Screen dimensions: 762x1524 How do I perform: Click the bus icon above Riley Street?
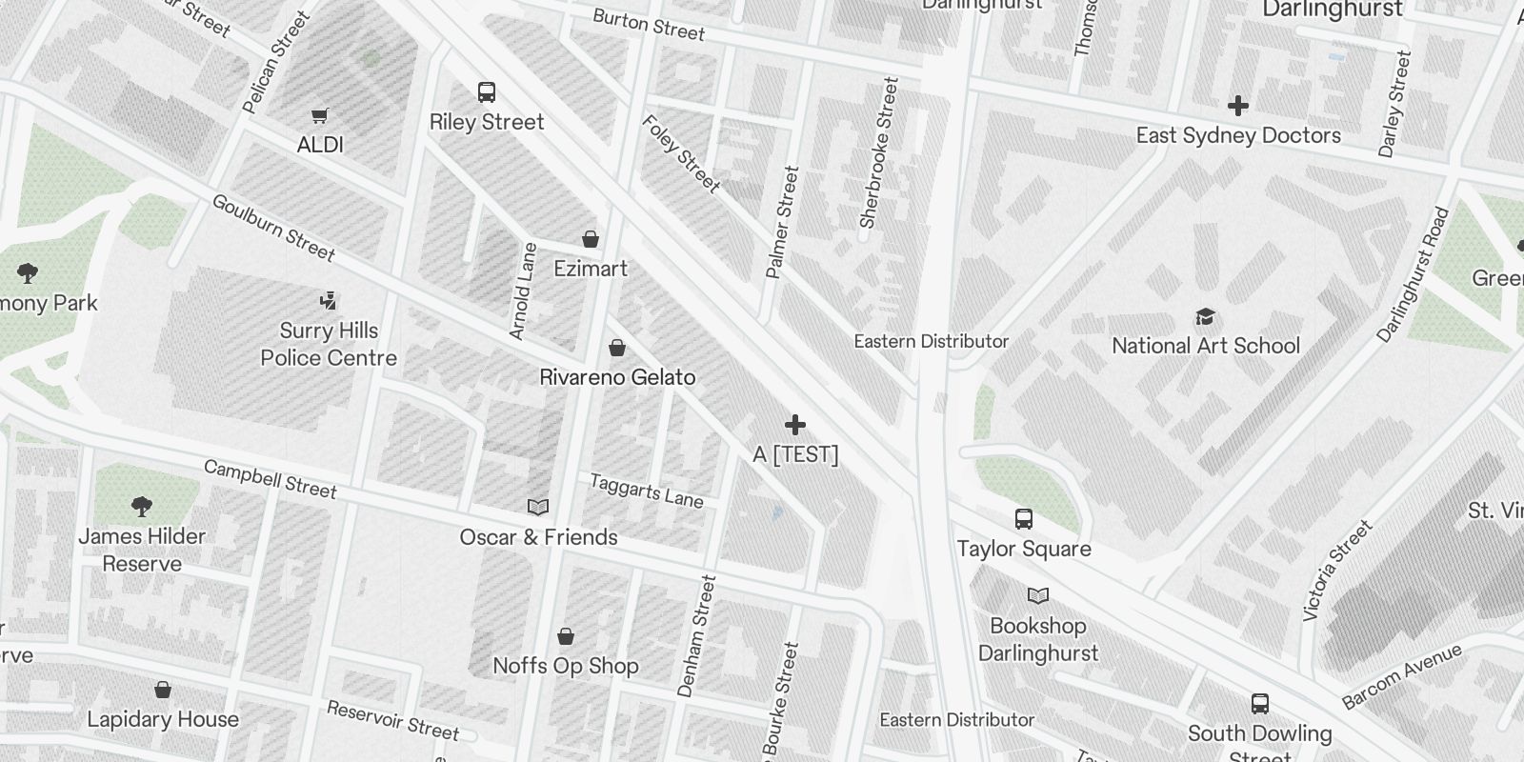click(487, 92)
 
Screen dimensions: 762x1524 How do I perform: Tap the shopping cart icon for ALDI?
click(320, 116)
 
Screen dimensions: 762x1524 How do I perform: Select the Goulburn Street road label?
click(273, 228)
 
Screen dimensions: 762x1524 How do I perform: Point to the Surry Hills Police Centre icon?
click(329, 302)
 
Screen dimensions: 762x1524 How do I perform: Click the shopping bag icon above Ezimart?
click(591, 239)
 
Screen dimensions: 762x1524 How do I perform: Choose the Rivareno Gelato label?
click(617, 377)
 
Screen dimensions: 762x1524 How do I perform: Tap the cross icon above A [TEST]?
click(795, 425)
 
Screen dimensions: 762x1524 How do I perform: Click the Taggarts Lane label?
click(646, 491)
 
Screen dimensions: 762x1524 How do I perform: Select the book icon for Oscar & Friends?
click(538, 508)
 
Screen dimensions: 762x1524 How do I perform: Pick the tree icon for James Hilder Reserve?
click(142, 506)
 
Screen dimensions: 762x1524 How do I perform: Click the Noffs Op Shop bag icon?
click(566, 636)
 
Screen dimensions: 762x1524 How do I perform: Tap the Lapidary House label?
click(163, 719)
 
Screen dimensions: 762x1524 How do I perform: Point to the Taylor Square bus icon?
click(1024, 519)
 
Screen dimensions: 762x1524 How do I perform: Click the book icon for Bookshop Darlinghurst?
click(1038, 596)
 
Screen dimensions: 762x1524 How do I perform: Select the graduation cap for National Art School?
click(1206, 316)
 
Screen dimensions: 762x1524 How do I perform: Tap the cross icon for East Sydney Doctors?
click(1238, 106)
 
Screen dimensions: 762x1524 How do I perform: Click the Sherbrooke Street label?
click(878, 153)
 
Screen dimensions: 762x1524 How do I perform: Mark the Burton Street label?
click(649, 25)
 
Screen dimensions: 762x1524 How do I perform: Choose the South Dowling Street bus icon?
click(1260, 704)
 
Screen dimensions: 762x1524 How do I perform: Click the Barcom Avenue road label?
click(1401, 676)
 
